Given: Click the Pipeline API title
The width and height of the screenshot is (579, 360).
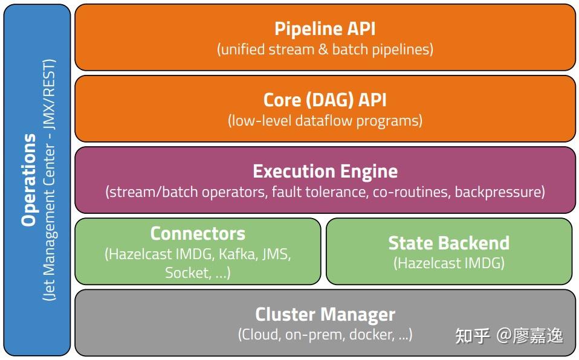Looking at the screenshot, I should pyautogui.click(x=325, y=28).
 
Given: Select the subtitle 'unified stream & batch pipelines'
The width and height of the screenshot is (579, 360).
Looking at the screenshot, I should pyautogui.click(x=325, y=50).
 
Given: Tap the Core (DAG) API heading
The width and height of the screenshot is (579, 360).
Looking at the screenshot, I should pyautogui.click(x=325, y=100).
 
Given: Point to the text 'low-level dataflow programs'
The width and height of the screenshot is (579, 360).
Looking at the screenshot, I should pyautogui.click(x=325, y=121).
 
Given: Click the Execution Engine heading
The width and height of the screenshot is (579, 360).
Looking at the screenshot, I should pyautogui.click(x=325, y=171).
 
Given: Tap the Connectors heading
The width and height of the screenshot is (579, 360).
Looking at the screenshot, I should pyautogui.click(x=198, y=233).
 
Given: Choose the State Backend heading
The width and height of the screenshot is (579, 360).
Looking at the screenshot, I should pyautogui.click(x=448, y=243).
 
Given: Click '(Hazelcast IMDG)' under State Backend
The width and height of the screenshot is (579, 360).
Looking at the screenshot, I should pyautogui.click(x=448, y=263).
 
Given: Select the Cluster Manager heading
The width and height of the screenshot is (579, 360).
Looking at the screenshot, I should pyautogui.click(x=325, y=314).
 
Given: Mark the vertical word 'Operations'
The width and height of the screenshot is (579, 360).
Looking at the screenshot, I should pyautogui.click(x=29, y=180).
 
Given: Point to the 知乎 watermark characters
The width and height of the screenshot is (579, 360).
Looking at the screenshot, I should pyautogui.click(x=471, y=335).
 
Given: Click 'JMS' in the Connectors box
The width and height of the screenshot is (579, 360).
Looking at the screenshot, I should pyautogui.click(x=276, y=254).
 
